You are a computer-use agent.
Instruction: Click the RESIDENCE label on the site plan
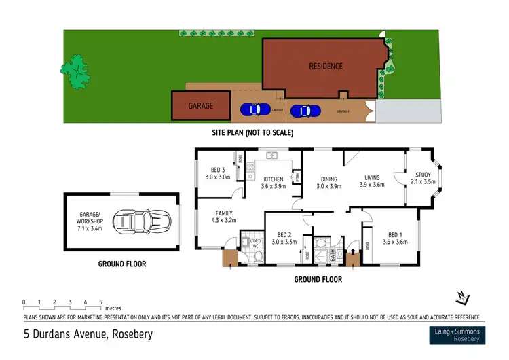(x=326, y=66)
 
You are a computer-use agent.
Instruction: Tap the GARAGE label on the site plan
(x=200, y=106)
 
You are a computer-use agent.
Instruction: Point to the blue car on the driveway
(x=304, y=111)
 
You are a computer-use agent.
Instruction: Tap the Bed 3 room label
(x=218, y=173)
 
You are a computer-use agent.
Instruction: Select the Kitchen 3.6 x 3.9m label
(x=274, y=183)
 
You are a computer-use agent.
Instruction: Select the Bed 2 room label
(x=285, y=237)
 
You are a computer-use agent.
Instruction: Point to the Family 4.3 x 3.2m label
(x=223, y=217)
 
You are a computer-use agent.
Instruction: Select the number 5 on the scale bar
(x=100, y=301)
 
